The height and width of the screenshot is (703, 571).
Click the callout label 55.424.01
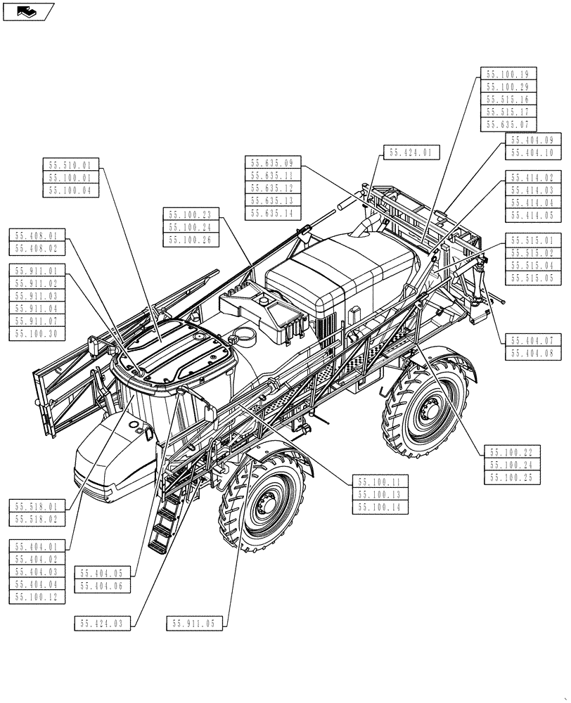(412, 152)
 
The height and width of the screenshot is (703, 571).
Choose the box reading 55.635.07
(508, 124)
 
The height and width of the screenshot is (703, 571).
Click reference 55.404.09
(532, 140)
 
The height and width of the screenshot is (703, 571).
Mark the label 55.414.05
(532, 216)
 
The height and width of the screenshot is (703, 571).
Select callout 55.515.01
(532, 240)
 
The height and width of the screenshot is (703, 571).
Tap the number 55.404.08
(532, 352)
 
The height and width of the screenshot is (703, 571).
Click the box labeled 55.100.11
(379, 482)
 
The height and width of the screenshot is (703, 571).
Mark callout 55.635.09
(274, 162)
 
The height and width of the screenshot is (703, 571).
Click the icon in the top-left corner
(27, 11)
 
